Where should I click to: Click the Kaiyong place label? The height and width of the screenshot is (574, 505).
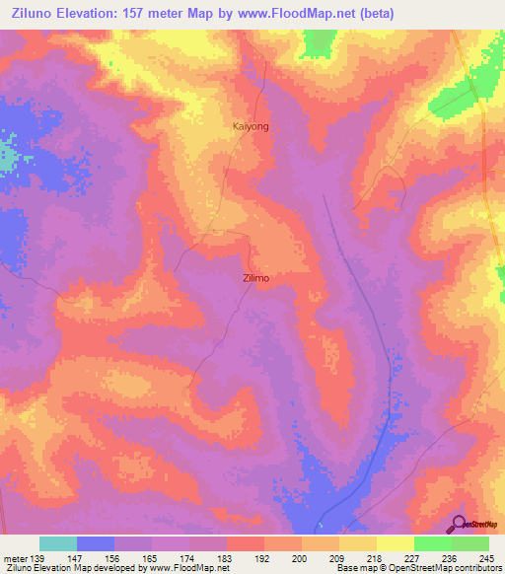[x=250, y=127]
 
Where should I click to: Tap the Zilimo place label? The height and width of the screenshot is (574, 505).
[x=255, y=278]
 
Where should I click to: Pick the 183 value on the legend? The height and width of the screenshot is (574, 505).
[x=226, y=558]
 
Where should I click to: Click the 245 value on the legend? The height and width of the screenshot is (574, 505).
[x=486, y=558]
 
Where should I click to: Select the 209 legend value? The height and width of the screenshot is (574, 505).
[x=337, y=558]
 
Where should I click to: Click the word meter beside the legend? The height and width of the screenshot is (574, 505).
[x=15, y=558]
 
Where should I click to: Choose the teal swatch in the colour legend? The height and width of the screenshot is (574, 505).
[x=58, y=543]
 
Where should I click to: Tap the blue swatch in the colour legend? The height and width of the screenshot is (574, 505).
[x=96, y=543]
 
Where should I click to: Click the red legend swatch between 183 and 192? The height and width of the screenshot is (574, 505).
[x=245, y=543]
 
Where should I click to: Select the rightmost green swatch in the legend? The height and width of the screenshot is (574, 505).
[x=469, y=543]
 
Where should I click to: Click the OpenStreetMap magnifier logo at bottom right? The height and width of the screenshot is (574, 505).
[x=459, y=523]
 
